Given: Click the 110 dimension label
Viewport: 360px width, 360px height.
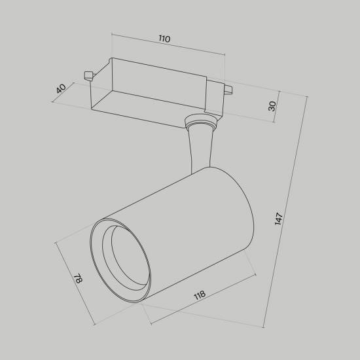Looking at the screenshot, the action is coord(164,39).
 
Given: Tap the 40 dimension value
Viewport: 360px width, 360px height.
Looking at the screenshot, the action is coord(61,88).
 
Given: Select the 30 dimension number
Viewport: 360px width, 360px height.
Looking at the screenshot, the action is coord(272,106).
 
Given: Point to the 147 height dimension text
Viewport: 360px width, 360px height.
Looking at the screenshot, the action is coord(278,219).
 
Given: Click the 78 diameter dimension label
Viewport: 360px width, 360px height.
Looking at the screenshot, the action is coord(78,278).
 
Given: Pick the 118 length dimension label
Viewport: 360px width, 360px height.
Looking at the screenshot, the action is coord(200,295).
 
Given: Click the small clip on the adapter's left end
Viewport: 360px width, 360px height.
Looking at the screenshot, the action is coord(88,75).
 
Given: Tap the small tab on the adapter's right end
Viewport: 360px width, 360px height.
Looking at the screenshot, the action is coord(228,90).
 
